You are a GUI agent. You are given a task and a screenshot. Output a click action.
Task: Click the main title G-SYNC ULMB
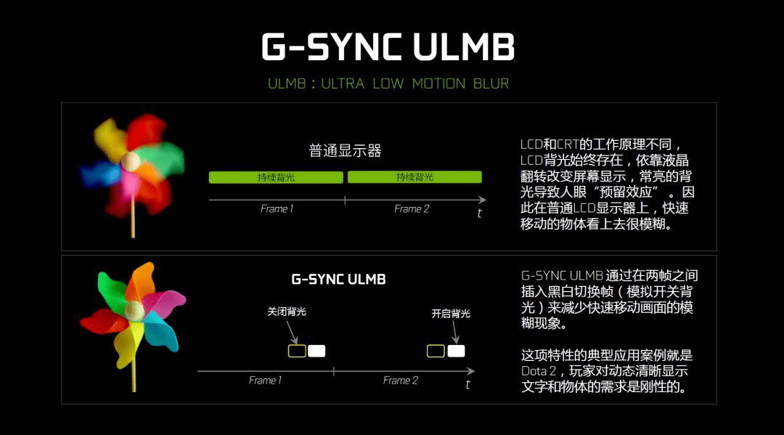388,47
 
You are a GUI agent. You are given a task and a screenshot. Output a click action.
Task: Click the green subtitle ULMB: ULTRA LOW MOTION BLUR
388,84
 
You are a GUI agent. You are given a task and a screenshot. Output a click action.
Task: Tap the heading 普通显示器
345,150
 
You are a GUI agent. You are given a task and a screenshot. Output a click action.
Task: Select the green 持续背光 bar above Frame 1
276,177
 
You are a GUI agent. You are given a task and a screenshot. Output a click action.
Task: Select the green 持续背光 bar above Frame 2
415,177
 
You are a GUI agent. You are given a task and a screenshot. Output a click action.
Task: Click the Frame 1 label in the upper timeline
277,209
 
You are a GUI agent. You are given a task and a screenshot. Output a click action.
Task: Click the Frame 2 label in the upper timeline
412,209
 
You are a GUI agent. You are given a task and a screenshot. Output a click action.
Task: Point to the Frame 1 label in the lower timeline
265,381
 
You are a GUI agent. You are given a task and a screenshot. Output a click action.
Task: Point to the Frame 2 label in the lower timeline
400,381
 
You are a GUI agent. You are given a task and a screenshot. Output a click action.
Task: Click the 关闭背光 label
287,312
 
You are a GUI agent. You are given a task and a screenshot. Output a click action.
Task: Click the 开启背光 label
451,314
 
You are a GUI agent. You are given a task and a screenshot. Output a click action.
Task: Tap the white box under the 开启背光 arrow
456,351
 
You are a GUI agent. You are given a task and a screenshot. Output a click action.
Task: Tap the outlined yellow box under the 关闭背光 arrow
297,351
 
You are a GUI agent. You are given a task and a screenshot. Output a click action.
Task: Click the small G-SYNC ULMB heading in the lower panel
338,279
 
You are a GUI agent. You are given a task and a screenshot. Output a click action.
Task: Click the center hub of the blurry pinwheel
131,161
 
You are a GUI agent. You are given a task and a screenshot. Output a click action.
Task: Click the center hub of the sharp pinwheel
134,311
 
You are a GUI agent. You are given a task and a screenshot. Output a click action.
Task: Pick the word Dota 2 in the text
539,371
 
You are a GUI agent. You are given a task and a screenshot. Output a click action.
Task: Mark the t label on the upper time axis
480,214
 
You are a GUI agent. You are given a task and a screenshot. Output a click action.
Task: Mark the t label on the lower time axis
467,384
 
